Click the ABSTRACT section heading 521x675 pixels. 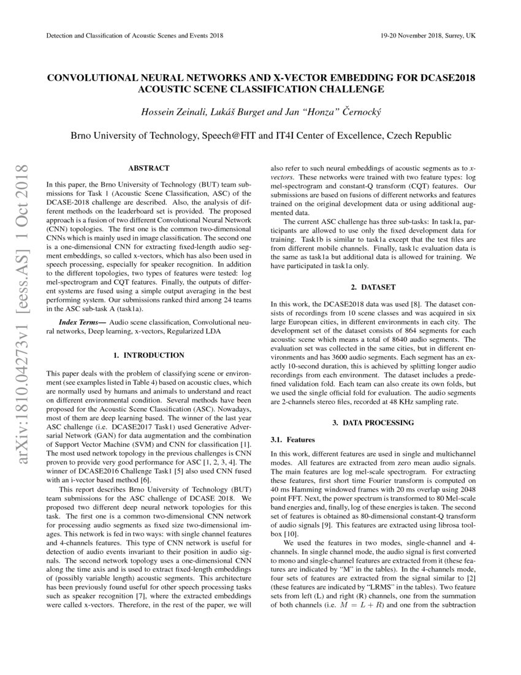[x=148, y=168]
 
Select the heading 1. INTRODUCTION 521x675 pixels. [x=148, y=355]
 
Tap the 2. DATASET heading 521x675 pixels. [x=373, y=287]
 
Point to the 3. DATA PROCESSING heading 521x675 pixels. [x=373, y=423]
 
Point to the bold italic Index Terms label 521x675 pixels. [x=82, y=322]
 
